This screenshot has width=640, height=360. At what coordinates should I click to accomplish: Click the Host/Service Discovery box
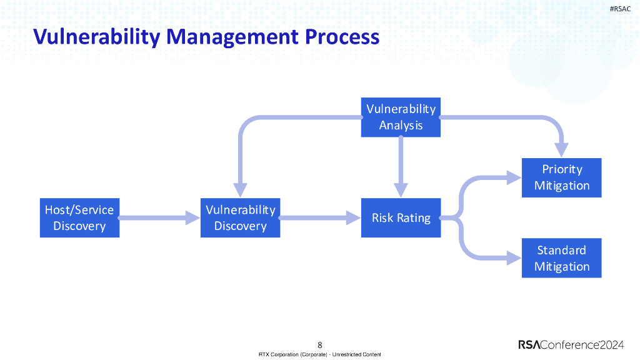(79, 217)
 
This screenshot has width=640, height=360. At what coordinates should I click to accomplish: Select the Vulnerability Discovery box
(240, 217)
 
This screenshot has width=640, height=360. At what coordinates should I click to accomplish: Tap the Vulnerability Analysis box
(401, 117)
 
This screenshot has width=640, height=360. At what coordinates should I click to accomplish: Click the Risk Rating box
(401, 217)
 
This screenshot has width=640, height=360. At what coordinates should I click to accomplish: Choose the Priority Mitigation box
(561, 177)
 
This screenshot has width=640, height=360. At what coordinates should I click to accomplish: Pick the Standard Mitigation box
(561, 258)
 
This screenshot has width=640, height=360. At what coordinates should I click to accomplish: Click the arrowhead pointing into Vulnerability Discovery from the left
(192, 218)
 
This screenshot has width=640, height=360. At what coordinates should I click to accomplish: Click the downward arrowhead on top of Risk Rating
(401, 190)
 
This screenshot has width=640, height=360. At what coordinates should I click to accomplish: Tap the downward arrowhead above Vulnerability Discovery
(240, 190)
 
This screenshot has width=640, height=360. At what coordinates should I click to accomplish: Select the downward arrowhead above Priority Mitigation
(561, 150)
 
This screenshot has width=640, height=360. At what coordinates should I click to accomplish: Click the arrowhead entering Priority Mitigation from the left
(514, 177)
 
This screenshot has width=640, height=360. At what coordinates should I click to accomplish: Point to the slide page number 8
(320, 344)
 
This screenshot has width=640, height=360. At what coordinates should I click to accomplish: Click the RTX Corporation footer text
(320, 354)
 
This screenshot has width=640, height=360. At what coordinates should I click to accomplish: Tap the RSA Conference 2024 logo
(571, 344)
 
